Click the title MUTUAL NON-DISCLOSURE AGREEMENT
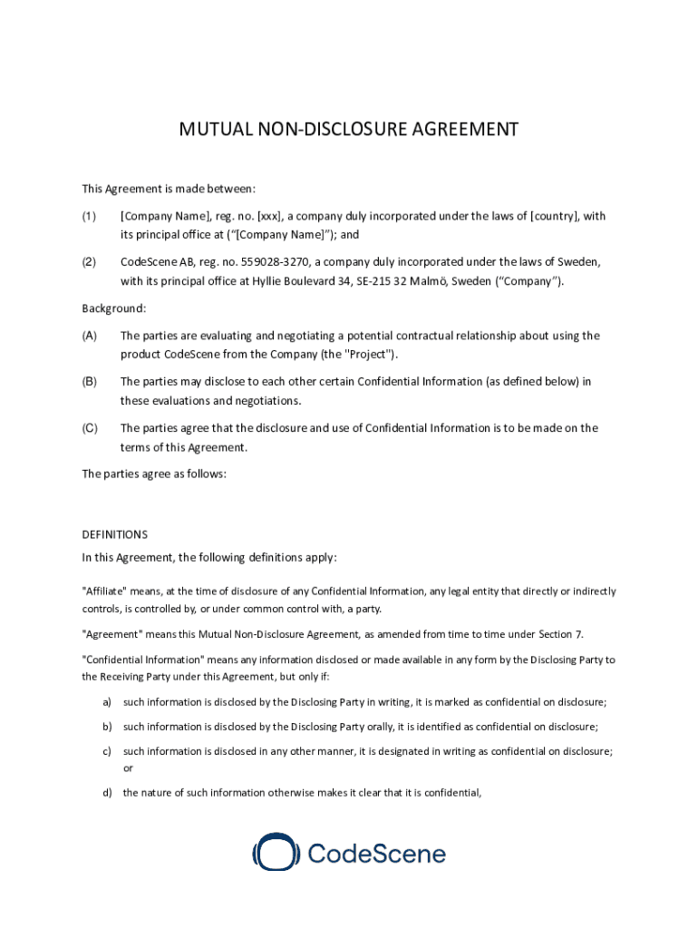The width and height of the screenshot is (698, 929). tap(349, 129)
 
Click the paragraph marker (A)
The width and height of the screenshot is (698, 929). tap(90, 336)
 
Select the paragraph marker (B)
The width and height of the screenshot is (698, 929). tap(90, 382)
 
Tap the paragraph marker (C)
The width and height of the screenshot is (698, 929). tap(90, 428)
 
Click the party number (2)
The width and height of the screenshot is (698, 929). tap(89, 262)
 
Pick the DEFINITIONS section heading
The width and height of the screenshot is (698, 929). tap(115, 535)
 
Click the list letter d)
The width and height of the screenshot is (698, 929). tap(108, 793)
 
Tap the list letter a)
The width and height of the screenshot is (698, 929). tap(108, 702)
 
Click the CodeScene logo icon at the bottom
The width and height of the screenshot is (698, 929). tap(276, 853)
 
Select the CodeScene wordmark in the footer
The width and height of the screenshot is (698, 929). tap(377, 854)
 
